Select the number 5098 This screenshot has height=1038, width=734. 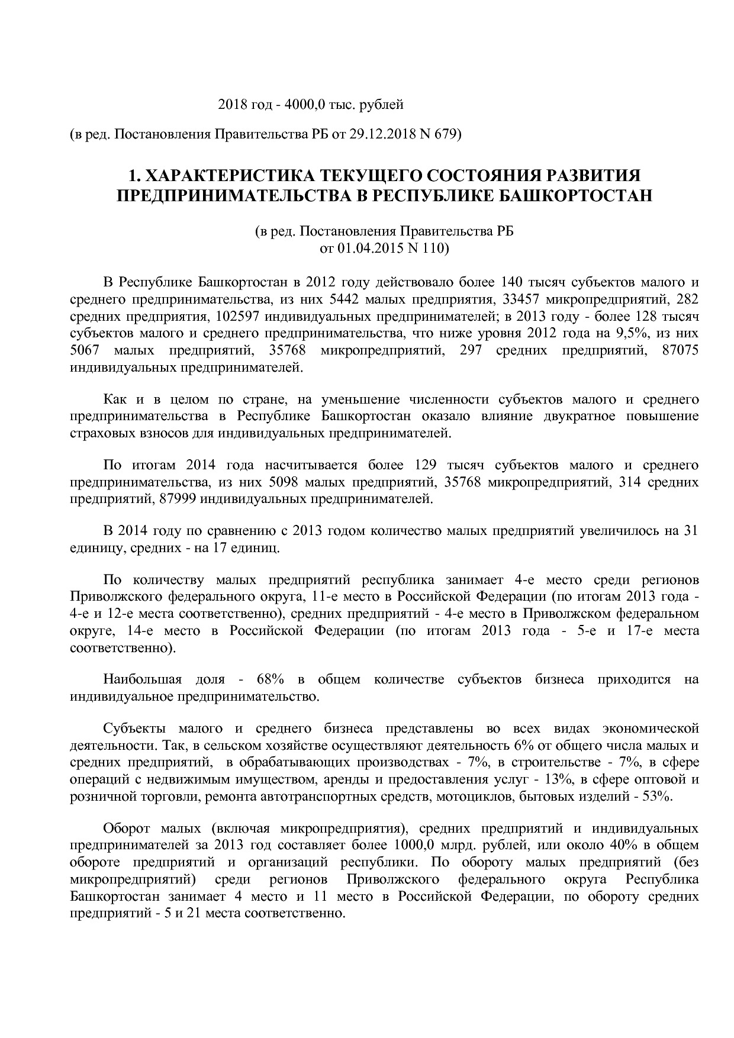[x=284, y=482]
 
